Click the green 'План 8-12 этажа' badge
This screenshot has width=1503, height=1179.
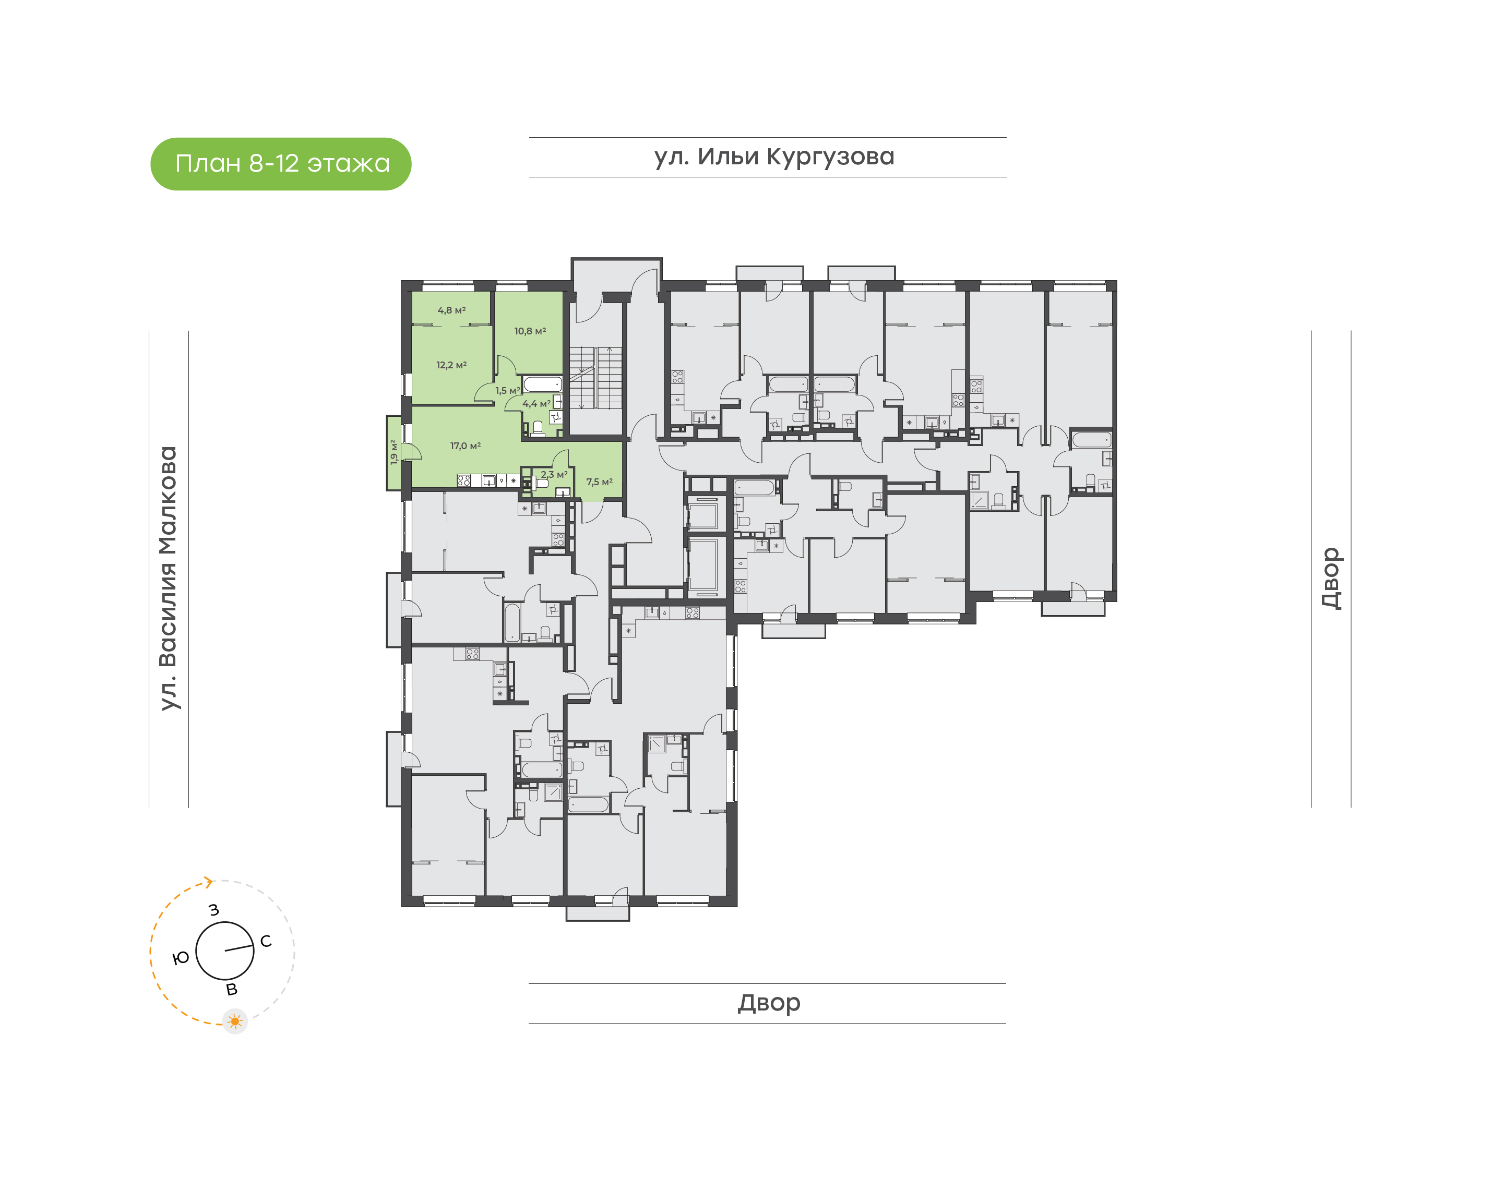pyautogui.click(x=280, y=164)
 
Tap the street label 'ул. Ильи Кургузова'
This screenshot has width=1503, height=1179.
pyautogui.click(x=773, y=158)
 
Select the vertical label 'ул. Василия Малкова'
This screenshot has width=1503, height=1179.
pyautogui.click(x=169, y=578)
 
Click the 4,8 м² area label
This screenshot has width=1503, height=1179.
pyautogui.click(x=451, y=310)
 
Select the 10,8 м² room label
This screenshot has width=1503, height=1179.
pyautogui.click(x=530, y=331)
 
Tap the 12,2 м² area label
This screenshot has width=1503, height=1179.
pyautogui.click(x=451, y=365)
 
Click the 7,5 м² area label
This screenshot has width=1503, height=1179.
pyautogui.click(x=599, y=482)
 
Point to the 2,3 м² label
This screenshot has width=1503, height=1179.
pyautogui.click(x=554, y=474)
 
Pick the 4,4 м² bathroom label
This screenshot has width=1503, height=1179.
pyautogui.click(x=536, y=404)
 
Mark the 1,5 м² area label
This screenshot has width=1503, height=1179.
pyautogui.click(x=507, y=391)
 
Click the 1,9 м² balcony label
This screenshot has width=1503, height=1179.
pyautogui.click(x=393, y=452)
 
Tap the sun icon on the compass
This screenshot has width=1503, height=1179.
pyautogui.click(x=235, y=1021)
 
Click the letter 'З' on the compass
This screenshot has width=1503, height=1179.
pyautogui.click(x=214, y=910)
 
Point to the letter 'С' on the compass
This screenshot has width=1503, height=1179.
pyautogui.click(x=266, y=942)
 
